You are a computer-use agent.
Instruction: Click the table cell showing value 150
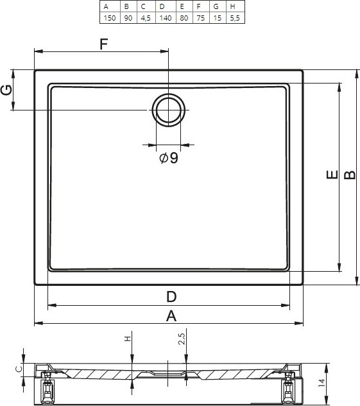[110, 18]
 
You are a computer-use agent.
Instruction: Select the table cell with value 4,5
[146, 18]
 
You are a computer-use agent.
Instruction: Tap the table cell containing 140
[166, 18]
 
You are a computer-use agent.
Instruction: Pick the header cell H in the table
[236, 6]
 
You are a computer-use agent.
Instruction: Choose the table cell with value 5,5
[236, 18]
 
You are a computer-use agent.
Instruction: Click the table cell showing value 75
[201, 18]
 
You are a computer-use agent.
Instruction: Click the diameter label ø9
[169, 158]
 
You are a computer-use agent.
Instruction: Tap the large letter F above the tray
[104, 44]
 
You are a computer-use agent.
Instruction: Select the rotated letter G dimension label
[6, 90]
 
